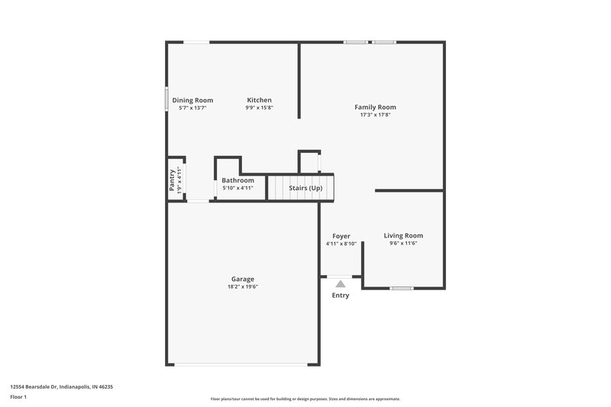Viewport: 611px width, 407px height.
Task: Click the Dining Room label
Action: pyautogui.click(x=192, y=100)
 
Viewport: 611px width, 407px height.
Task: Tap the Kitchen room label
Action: pyautogui.click(x=259, y=100)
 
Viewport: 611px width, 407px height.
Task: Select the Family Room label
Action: pyautogui.click(x=375, y=107)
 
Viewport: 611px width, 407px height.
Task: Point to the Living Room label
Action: pyautogui.click(x=402, y=235)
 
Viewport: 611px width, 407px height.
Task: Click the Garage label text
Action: pyautogui.click(x=243, y=279)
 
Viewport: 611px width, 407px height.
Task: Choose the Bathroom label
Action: pyautogui.click(x=238, y=180)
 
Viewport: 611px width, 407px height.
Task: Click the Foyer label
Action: pyautogui.click(x=341, y=236)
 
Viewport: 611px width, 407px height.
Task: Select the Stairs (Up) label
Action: pyautogui.click(x=305, y=187)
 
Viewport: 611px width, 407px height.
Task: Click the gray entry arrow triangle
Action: pyautogui.click(x=341, y=283)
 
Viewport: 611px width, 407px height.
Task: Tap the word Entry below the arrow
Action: pyautogui.click(x=341, y=296)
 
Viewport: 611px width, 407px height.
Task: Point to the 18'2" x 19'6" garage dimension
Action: pyautogui.click(x=243, y=287)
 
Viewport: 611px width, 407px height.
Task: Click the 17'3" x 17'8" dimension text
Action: pyautogui.click(x=375, y=115)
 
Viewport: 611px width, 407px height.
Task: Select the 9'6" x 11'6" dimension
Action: pyautogui.click(x=402, y=244)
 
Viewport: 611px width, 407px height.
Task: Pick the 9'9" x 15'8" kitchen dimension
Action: pyautogui.click(x=259, y=108)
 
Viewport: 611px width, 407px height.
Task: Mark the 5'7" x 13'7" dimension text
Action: pyautogui.click(x=192, y=108)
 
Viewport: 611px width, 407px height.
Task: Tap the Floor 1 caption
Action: pyautogui.click(x=19, y=398)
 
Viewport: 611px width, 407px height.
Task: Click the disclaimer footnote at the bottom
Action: pyautogui.click(x=305, y=399)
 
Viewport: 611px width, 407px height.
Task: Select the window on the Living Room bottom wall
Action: pyautogui.click(x=401, y=288)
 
